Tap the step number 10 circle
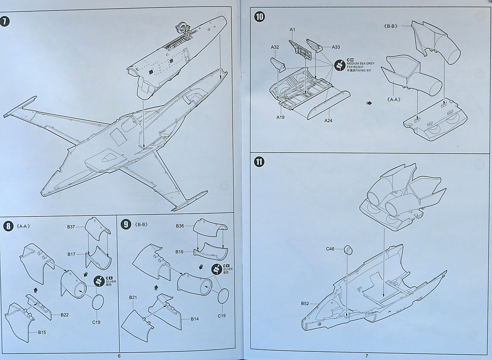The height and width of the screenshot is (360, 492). pos(259,17)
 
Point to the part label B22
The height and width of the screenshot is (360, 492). pos(64,315)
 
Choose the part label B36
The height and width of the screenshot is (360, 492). pos(180,226)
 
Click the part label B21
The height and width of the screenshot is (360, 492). pos(133,297)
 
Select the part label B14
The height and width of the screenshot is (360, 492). pos(195,319)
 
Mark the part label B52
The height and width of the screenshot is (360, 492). pos(305,304)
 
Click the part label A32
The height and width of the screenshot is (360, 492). pos(275,47)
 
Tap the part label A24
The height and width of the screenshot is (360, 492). pos(328,121)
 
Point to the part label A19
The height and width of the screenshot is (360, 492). pos(280,117)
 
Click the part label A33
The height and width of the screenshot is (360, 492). pos(336,47)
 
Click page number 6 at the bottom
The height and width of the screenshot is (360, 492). pos(119,356)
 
